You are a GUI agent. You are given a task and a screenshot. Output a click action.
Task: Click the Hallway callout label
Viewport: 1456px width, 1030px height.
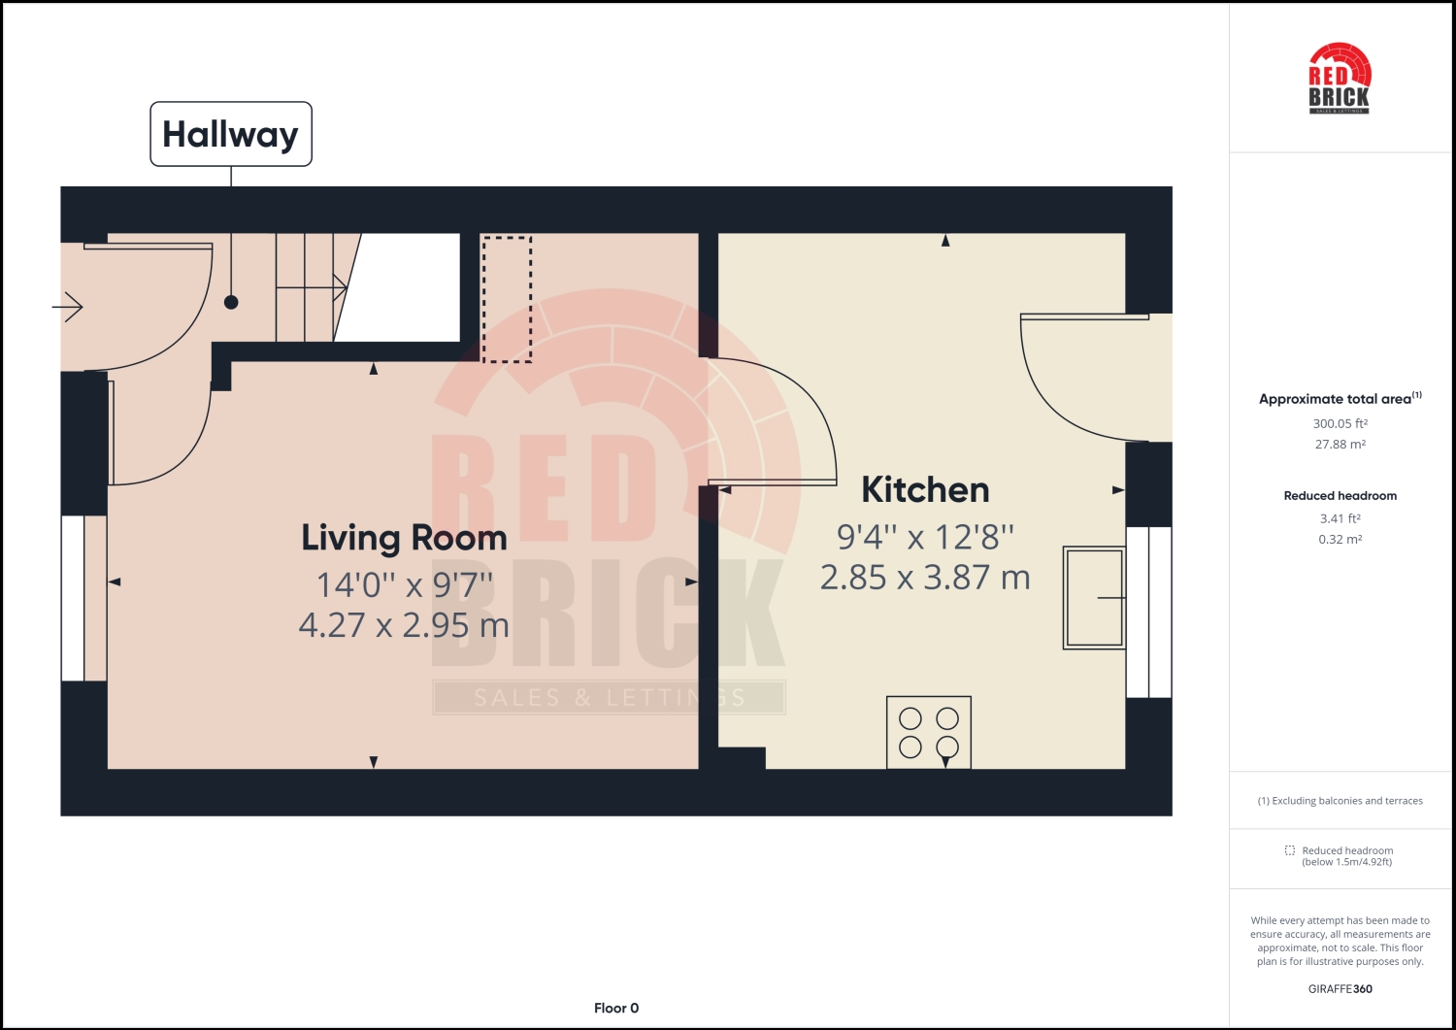[231, 134]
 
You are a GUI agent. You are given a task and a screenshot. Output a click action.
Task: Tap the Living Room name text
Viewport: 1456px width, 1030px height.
[404, 538]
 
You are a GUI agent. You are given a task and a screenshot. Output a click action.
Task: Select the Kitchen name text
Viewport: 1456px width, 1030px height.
[925, 490]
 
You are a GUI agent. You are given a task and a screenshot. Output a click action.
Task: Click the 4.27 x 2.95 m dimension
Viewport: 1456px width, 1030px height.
[404, 625]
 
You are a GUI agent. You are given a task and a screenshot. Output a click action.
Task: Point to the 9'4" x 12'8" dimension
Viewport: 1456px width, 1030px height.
[925, 537]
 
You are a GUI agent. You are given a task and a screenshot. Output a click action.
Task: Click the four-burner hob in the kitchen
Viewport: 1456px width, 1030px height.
[929, 732]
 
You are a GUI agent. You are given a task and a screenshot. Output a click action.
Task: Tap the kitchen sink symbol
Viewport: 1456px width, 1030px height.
[1094, 597]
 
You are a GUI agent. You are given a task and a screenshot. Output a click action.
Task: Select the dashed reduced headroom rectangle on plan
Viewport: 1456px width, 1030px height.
[507, 299]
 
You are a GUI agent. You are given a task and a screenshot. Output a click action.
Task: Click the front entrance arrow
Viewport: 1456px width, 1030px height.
[68, 308]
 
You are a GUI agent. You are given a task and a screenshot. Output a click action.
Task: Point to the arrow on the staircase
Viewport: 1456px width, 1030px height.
[338, 286]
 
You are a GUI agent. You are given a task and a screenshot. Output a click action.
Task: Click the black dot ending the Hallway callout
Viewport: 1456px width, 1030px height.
[231, 302]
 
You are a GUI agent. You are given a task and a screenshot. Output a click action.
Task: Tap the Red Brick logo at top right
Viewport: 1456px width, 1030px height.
[1340, 79]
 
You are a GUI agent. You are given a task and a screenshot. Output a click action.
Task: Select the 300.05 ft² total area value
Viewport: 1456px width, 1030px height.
[1340, 423]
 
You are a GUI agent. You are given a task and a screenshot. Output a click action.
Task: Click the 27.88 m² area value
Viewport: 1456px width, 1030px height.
[1340, 445]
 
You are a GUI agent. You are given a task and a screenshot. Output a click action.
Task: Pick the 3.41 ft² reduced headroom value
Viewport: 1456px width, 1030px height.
[1340, 518]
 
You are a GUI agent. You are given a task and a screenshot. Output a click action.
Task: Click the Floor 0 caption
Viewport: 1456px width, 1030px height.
[616, 1008]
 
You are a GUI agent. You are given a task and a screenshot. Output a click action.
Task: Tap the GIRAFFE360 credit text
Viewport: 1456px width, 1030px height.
[1340, 989]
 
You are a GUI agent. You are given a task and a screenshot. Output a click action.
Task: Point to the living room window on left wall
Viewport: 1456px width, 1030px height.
[74, 598]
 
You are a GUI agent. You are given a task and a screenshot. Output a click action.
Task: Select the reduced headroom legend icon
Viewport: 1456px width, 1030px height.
[1289, 850]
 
